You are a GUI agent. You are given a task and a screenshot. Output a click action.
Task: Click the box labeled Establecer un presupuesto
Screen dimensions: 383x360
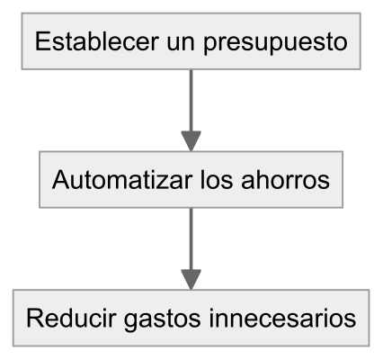click(x=191, y=41)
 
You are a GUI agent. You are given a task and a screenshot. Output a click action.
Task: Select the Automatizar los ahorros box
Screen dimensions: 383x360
click(x=191, y=179)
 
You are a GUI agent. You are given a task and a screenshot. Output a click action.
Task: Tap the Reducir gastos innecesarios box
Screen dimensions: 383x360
click(x=191, y=318)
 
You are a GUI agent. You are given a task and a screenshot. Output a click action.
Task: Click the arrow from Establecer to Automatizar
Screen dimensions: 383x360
click(x=191, y=111)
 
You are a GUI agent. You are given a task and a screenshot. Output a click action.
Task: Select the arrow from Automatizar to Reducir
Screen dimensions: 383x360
click(x=191, y=248)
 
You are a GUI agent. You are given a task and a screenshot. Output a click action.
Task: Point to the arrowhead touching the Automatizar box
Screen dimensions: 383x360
click(x=191, y=141)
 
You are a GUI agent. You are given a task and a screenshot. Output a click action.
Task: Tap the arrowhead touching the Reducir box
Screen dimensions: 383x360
click(x=191, y=280)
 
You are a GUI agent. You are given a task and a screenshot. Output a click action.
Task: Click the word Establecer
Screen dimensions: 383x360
click(x=97, y=41)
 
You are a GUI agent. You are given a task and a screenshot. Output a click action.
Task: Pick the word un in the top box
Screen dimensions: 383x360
click(x=181, y=44)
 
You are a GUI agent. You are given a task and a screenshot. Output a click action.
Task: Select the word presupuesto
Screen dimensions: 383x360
click(x=275, y=43)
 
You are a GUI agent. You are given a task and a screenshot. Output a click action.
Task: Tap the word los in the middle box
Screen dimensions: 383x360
click(x=217, y=180)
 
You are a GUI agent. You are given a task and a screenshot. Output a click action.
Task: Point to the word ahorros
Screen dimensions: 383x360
click(x=285, y=180)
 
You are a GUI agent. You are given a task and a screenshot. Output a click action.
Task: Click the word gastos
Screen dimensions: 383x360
click(x=162, y=319)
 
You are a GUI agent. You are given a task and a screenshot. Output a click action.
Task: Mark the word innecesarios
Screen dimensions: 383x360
click(x=282, y=318)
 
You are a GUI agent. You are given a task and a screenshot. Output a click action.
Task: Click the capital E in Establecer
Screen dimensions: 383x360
click(x=43, y=41)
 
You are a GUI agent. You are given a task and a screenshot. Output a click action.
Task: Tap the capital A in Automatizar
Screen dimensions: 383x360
click(x=61, y=180)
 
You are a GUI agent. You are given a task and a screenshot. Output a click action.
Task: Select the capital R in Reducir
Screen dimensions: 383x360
click(x=35, y=318)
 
